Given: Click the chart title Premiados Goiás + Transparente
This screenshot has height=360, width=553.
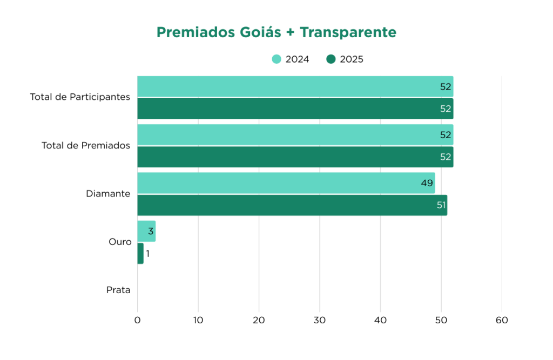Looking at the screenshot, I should (x=276, y=32).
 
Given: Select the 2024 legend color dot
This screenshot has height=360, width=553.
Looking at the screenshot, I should (x=276, y=59).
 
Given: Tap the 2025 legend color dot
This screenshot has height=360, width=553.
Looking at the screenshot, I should (x=331, y=59).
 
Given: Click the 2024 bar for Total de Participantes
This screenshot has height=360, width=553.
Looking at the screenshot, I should (x=294, y=86).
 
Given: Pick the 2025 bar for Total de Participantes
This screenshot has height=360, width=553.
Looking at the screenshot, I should (x=294, y=108).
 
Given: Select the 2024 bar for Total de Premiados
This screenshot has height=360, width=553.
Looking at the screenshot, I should (x=294, y=135).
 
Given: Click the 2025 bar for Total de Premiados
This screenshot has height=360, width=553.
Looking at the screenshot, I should (x=294, y=157).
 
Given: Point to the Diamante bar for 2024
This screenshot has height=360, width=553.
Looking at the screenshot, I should (x=285, y=183).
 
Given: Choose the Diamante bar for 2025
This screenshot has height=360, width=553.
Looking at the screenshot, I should (x=292, y=205).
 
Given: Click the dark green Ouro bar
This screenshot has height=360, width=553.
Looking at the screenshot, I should (x=140, y=253).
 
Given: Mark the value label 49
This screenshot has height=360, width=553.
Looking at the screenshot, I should (x=427, y=183).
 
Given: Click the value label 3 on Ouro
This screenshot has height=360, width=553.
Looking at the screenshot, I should (x=151, y=231).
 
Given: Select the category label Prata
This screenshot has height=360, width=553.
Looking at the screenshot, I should (x=118, y=290).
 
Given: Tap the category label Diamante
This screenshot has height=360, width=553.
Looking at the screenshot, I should (x=108, y=194).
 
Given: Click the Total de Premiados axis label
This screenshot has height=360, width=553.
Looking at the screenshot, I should (x=86, y=146).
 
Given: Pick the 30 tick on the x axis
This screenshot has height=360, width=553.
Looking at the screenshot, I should (x=320, y=320).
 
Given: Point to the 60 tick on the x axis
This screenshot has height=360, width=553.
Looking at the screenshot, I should (x=502, y=320).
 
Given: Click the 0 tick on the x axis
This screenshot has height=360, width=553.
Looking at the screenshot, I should (x=137, y=320).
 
